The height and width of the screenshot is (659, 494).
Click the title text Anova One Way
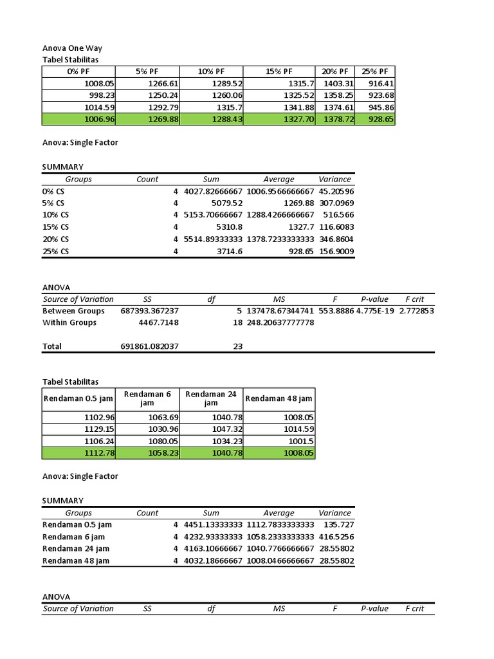[x=72, y=48]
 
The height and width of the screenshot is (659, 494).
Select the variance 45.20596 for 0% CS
[x=336, y=192]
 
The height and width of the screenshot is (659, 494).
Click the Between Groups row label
[x=73, y=311]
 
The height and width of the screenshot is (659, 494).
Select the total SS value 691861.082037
[x=150, y=346]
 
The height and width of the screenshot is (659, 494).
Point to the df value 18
[x=238, y=322]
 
